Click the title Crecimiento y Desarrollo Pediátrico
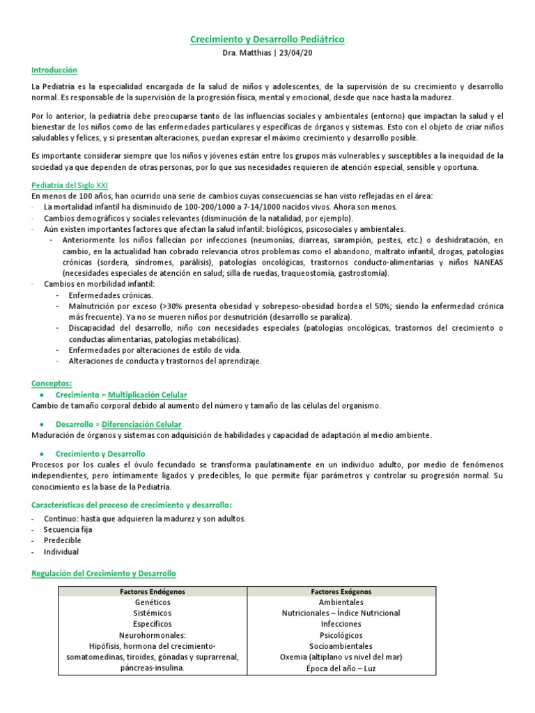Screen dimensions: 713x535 (267, 40)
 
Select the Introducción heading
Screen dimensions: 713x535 (54, 70)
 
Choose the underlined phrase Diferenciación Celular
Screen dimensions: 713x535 (141, 424)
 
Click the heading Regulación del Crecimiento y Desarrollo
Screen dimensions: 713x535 (104, 573)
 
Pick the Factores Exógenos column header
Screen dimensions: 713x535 (341, 591)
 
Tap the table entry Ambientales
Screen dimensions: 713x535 (341, 602)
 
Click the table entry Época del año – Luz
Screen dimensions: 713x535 (341, 668)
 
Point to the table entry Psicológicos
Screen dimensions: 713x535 (341, 635)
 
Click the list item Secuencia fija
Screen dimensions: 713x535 (68, 529)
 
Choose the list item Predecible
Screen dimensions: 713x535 (63, 540)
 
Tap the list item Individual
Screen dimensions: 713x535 (61, 551)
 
